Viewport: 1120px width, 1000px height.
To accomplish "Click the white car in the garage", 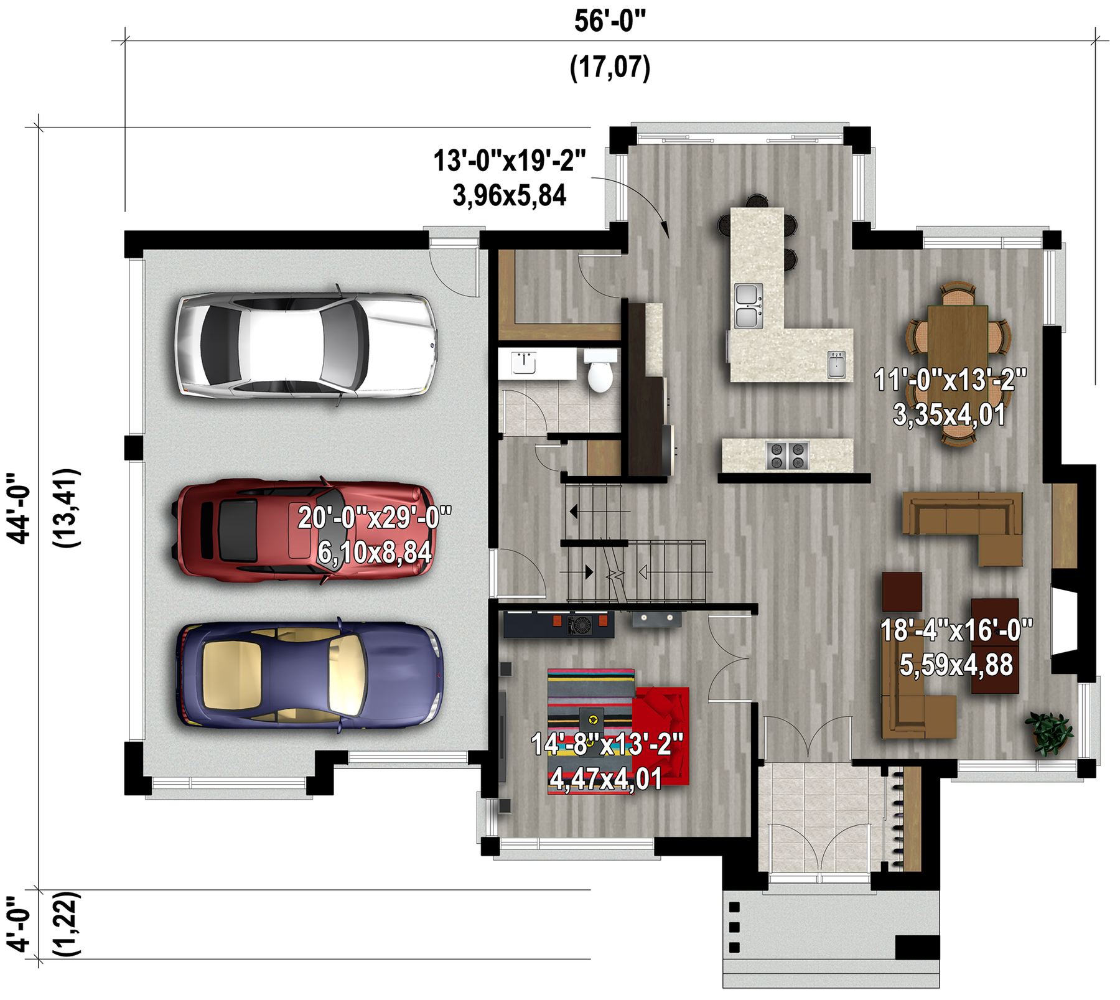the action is click(305, 345).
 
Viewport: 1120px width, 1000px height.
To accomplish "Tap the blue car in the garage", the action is click(309, 675).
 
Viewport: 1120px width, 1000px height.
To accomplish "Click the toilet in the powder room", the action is click(600, 370).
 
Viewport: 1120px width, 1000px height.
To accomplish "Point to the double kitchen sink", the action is click(749, 306).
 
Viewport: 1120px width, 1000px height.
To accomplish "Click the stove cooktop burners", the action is click(787, 455).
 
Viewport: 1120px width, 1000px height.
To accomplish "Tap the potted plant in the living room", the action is click(1048, 733).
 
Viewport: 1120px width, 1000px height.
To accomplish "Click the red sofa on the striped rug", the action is click(661, 735).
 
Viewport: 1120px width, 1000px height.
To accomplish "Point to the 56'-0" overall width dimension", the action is click(610, 21).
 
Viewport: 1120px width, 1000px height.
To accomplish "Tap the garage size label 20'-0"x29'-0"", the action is click(375, 517).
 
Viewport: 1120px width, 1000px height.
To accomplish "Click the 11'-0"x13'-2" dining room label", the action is click(950, 380).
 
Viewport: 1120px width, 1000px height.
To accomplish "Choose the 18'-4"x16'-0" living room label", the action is click(956, 630).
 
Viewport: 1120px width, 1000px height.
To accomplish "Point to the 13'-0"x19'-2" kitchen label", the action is click(510, 161).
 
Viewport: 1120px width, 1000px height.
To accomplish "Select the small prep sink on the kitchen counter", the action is click(837, 364).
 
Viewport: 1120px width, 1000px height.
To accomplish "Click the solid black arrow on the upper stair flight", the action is click(574, 512).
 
